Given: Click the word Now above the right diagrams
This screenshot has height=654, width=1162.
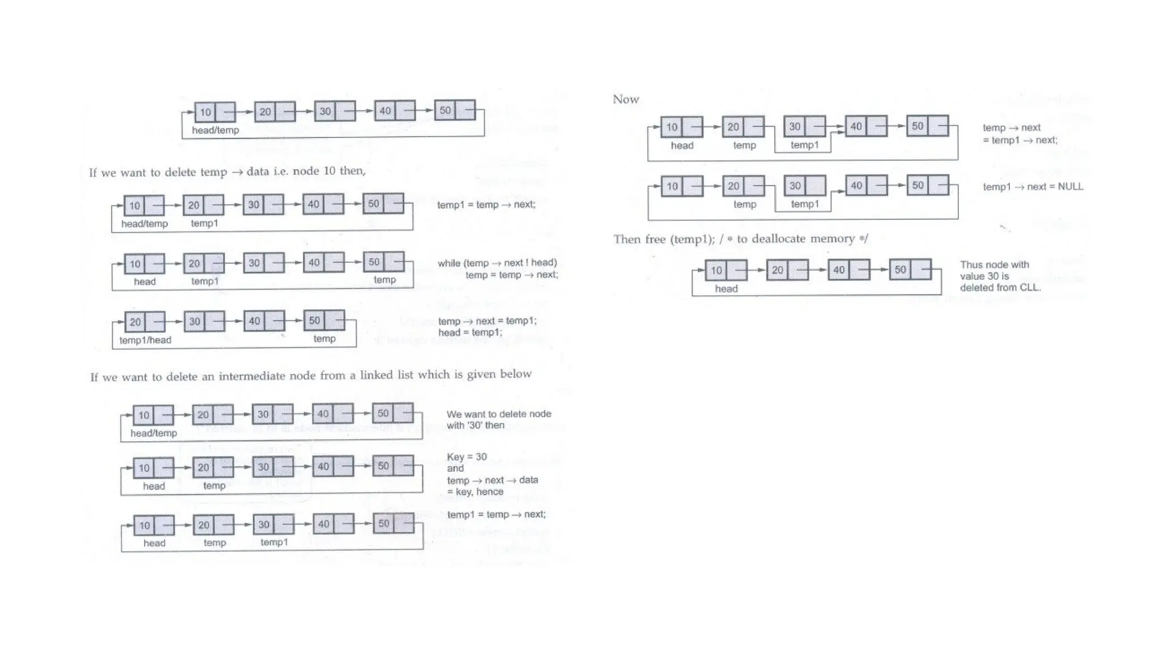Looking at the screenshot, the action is tap(626, 99).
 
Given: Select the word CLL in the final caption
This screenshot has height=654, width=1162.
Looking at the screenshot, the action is tap(1030, 288).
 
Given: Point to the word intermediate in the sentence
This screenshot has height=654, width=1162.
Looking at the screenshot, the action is tap(251, 376).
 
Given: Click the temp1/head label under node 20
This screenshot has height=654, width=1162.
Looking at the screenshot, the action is tap(145, 340).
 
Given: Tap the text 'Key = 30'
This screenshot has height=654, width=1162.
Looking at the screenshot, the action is tap(466, 457).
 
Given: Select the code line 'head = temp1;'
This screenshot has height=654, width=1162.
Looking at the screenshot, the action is tap(470, 333).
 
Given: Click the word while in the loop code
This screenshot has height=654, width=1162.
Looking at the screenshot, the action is tap(449, 263).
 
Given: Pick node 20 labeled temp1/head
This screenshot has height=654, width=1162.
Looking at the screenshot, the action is tap(145, 322).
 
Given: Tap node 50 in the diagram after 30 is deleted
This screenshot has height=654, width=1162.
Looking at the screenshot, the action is tap(910, 270).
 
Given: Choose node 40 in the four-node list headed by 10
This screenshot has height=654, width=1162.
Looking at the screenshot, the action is tap(849, 270).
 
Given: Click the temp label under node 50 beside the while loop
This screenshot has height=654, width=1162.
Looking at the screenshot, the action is tap(385, 280).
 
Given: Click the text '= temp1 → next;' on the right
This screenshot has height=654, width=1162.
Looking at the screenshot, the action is tap(1020, 140).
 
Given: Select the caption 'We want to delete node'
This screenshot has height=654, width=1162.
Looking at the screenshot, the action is tap(499, 414).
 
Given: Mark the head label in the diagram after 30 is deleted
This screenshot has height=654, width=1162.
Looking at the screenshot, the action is tap(726, 289).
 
